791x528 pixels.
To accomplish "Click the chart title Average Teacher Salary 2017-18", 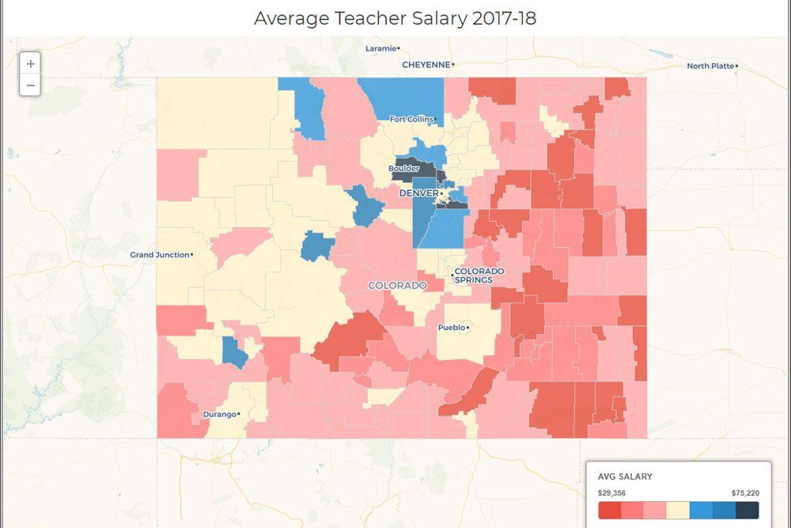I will pos(395,18).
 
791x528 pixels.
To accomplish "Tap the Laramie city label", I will pos(380,48).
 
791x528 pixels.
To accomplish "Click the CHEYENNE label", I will pos(426,65).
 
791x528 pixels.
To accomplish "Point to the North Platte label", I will pos(710,66).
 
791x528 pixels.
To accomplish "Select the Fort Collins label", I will pos(411,120).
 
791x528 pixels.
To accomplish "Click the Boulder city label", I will pos(403,169).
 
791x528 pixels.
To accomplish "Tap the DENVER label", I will pos(418,193).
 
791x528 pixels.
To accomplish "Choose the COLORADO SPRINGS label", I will pos(479,275).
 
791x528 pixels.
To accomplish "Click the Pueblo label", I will pos(451,327).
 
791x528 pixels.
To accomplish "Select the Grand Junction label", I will pos(160,255).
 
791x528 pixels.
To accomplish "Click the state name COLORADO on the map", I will pos(397,285).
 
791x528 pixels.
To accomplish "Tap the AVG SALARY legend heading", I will pos(625,477).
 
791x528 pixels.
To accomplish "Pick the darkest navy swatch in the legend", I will pos(747,510).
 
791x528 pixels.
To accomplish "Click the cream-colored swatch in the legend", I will pos(678,510).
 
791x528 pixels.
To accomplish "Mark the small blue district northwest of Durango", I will pos(234,351).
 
